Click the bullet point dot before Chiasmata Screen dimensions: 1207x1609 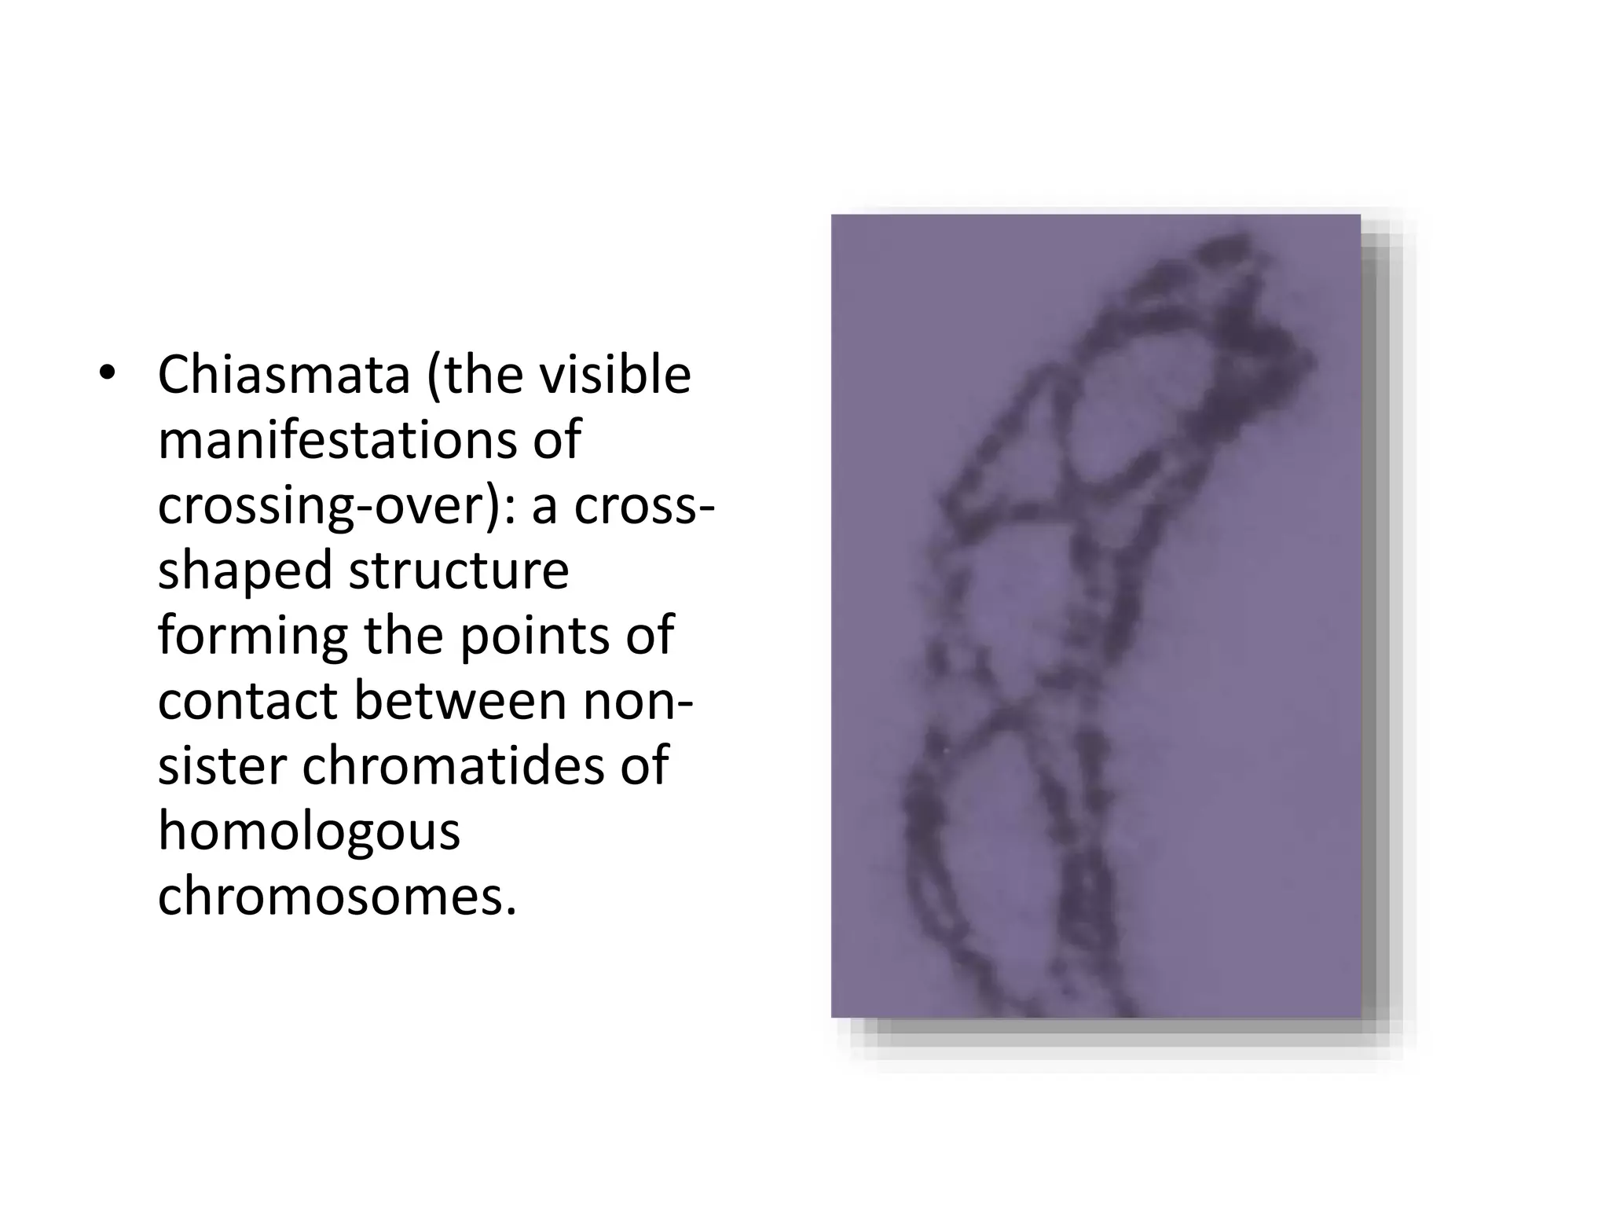pyautogui.click(x=108, y=375)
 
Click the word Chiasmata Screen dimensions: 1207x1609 pyautogui.click(x=284, y=375)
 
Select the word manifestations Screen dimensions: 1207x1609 pyautogui.click(x=337, y=440)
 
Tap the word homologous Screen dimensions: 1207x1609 pyautogui.click(x=309, y=833)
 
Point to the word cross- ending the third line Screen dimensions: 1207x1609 pyautogui.click(x=644, y=507)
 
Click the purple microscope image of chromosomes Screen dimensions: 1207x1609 pyautogui.click(x=1095, y=616)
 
